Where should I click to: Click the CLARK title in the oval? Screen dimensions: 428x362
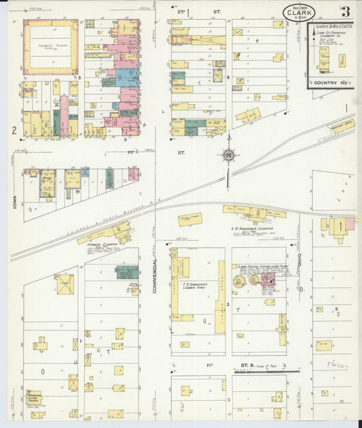299,12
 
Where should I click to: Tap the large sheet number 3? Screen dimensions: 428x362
346,12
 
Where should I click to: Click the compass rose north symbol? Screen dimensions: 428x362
228,156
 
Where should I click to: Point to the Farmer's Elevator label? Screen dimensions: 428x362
103,244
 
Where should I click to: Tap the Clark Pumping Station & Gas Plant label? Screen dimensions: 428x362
261,267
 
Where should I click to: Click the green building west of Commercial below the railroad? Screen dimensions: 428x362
126,272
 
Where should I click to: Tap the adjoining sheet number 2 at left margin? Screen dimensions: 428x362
14,130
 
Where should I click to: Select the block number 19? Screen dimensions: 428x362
79,192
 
